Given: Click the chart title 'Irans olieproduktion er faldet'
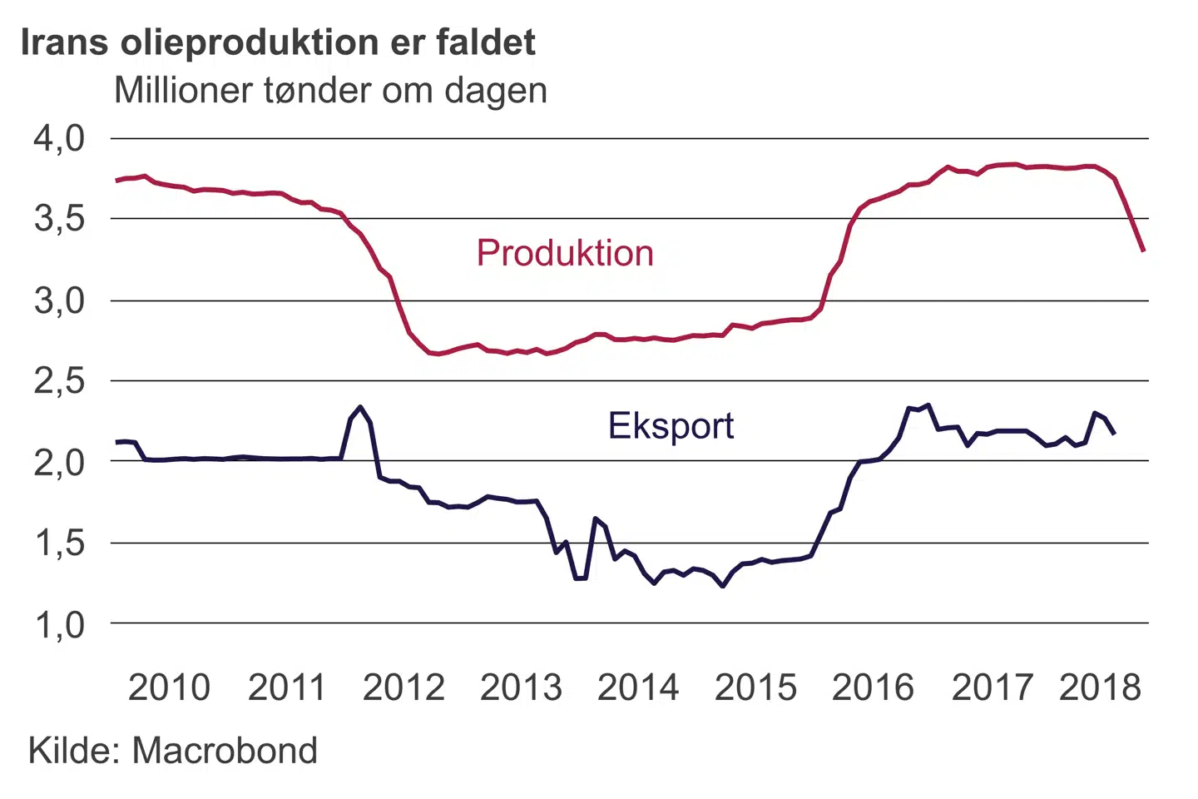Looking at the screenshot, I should click(x=278, y=42).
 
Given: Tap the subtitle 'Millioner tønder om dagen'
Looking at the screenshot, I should click(x=330, y=90).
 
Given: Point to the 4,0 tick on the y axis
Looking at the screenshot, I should click(x=59, y=138).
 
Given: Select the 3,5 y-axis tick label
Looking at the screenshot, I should click(x=59, y=219).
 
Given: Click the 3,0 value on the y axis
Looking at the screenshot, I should click(x=59, y=300).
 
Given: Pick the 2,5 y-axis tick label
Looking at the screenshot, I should click(x=59, y=380).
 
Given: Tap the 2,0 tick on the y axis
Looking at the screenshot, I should click(x=59, y=461).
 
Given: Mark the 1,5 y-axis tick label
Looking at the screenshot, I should click(x=59, y=543).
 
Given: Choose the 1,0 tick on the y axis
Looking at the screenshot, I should click(x=59, y=623).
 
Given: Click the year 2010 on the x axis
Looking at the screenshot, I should click(x=169, y=687).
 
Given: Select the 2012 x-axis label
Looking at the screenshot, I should click(x=403, y=687).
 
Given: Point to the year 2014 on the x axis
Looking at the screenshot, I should click(x=638, y=687).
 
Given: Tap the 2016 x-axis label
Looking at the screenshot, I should click(x=873, y=687).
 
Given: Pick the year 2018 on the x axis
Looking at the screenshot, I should click(x=1100, y=687).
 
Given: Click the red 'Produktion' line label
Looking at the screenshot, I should click(x=565, y=253).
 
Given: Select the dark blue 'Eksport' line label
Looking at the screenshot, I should click(x=671, y=425).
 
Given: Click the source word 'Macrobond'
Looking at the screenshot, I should click(x=225, y=751).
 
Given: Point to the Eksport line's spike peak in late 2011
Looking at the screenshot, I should click(x=359, y=407).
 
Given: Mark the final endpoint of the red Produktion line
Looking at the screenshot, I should click(x=1144, y=251).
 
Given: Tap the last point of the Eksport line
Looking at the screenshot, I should click(x=1114, y=433).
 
